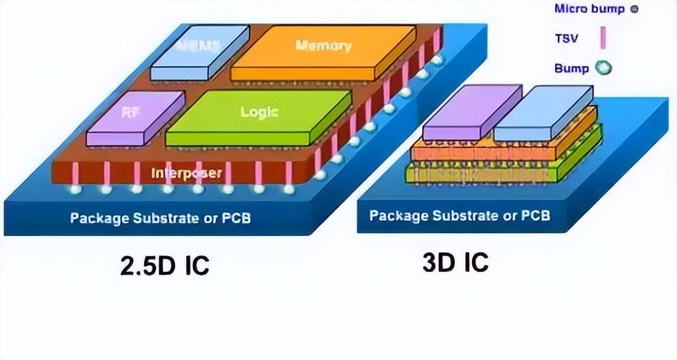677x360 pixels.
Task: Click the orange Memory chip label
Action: coord(323,46)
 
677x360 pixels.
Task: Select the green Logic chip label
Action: coord(258,111)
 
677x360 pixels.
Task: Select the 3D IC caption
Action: coord(455,261)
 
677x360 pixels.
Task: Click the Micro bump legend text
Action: coord(588,9)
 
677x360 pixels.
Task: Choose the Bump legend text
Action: coord(571,68)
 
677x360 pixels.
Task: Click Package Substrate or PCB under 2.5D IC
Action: coord(160,219)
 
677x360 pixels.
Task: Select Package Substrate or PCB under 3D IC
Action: coord(460,215)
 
